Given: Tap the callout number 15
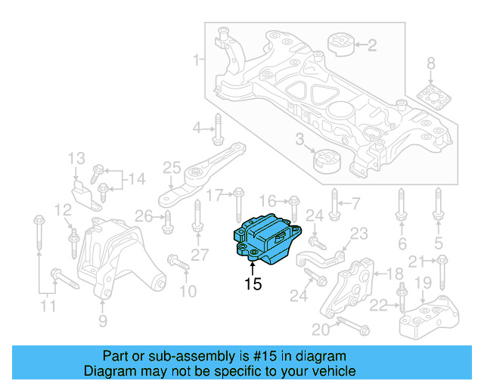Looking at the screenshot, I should (253, 284).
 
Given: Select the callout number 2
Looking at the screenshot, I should (371, 45).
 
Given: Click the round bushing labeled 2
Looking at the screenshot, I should (341, 45).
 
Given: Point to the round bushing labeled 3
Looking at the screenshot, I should (327, 161).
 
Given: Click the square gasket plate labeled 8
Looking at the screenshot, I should (432, 99).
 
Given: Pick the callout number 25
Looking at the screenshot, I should (172, 167).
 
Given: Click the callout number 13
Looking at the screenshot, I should (76, 159).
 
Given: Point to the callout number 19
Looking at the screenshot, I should (423, 283).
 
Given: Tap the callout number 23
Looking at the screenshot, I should (358, 234).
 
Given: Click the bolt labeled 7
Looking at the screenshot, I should (337, 204).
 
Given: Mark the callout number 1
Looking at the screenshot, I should (197, 59).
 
